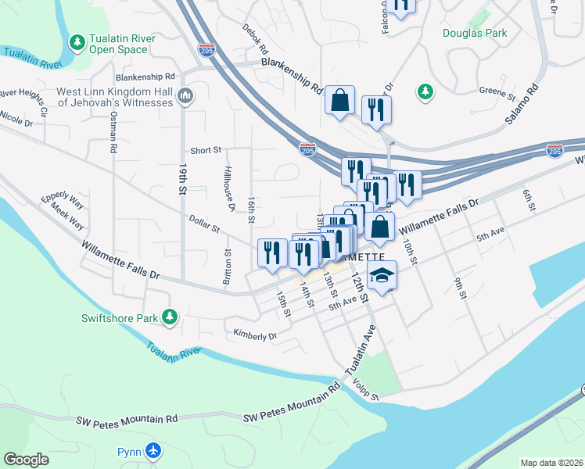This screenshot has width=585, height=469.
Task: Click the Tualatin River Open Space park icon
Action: point(77,41)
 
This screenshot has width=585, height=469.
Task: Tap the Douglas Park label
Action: point(475,33)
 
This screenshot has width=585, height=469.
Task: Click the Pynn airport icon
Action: point(153,452)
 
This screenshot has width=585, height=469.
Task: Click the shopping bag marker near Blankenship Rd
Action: point(340,100)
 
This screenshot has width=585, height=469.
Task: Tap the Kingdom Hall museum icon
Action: point(185,96)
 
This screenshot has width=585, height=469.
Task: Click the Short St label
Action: point(206,150)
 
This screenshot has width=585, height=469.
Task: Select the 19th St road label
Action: point(183,179)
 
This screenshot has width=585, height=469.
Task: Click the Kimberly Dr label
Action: point(255,335)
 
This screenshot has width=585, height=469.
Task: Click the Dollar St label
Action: point(204,223)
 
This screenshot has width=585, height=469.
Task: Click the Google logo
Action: point(27,460)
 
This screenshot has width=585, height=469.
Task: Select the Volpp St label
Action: point(364,389)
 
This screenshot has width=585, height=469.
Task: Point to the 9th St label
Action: point(460,287)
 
